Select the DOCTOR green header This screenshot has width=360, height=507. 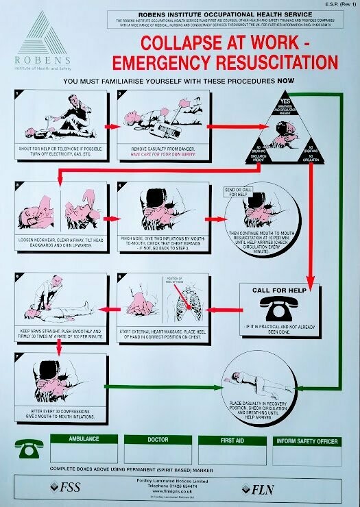[158, 439]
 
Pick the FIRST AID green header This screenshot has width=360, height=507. [232, 439]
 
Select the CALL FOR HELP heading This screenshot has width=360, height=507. [278, 290]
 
